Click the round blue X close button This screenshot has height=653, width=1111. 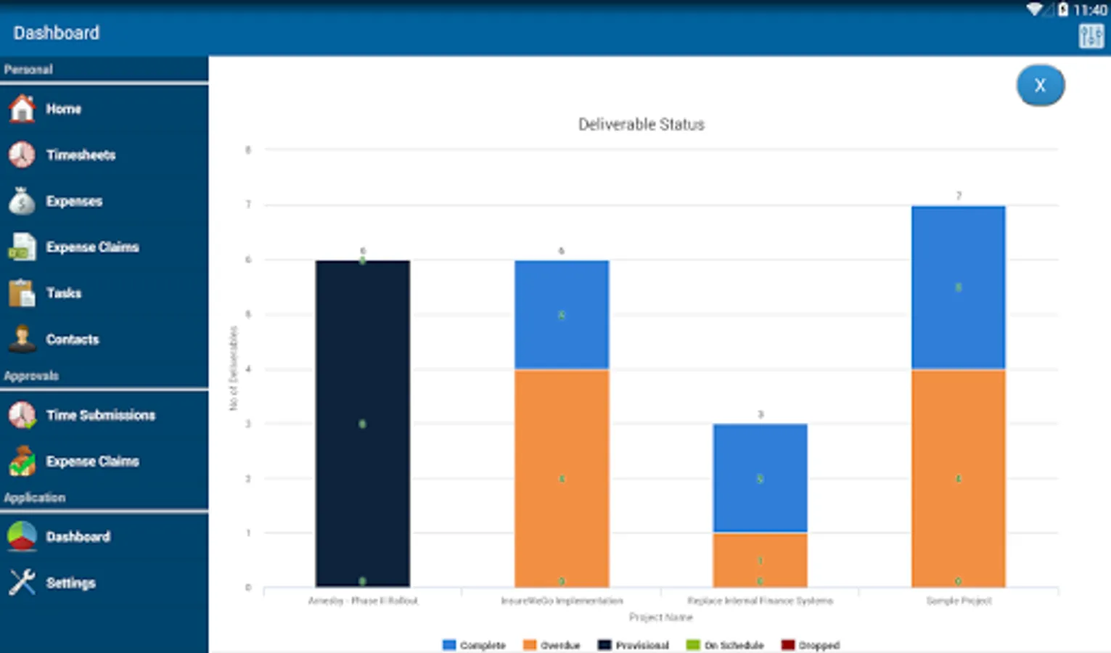1040,86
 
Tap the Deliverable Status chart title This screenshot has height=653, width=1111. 641,125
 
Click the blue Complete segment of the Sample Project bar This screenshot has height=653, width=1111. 958,287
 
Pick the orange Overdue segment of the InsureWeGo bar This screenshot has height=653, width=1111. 561,478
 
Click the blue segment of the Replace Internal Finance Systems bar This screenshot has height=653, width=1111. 760,478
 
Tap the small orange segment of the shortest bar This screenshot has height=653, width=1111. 760,559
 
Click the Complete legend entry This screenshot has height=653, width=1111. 475,645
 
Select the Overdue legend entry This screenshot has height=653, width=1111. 552,645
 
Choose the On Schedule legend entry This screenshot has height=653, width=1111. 725,645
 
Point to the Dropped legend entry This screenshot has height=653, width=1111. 811,645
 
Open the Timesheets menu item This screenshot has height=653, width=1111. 80,155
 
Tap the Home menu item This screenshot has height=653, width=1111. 63,109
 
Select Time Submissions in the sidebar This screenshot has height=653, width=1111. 100,415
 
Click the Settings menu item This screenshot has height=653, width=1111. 70,583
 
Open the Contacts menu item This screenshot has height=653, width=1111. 72,339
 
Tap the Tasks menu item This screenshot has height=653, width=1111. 63,293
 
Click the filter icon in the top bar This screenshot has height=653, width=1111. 1091,36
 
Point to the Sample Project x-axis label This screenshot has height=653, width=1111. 959,601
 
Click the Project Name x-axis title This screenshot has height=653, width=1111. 660,617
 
